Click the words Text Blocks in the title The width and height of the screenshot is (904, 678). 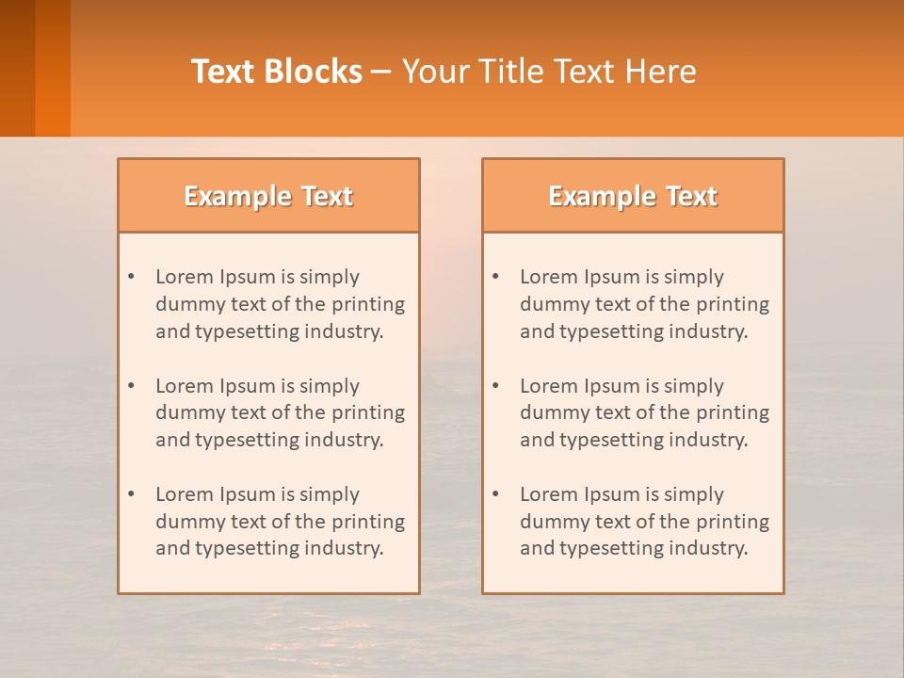[x=277, y=72]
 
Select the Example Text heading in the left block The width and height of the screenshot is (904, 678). [x=268, y=196]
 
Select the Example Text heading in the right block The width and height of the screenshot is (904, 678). [x=633, y=196]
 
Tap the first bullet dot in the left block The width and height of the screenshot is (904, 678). [x=131, y=277]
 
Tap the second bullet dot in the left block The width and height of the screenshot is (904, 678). [x=131, y=386]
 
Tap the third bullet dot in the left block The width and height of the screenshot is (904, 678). [x=131, y=494]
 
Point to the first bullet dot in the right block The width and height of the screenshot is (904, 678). [x=495, y=277]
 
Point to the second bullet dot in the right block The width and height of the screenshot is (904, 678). [x=495, y=386]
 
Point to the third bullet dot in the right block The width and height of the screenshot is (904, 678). [x=495, y=494]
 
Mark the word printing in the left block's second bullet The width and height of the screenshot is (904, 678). [x=369, y=412]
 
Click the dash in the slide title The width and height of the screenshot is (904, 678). [x=381, y=72]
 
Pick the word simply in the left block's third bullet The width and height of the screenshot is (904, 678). [x=330, y=494]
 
